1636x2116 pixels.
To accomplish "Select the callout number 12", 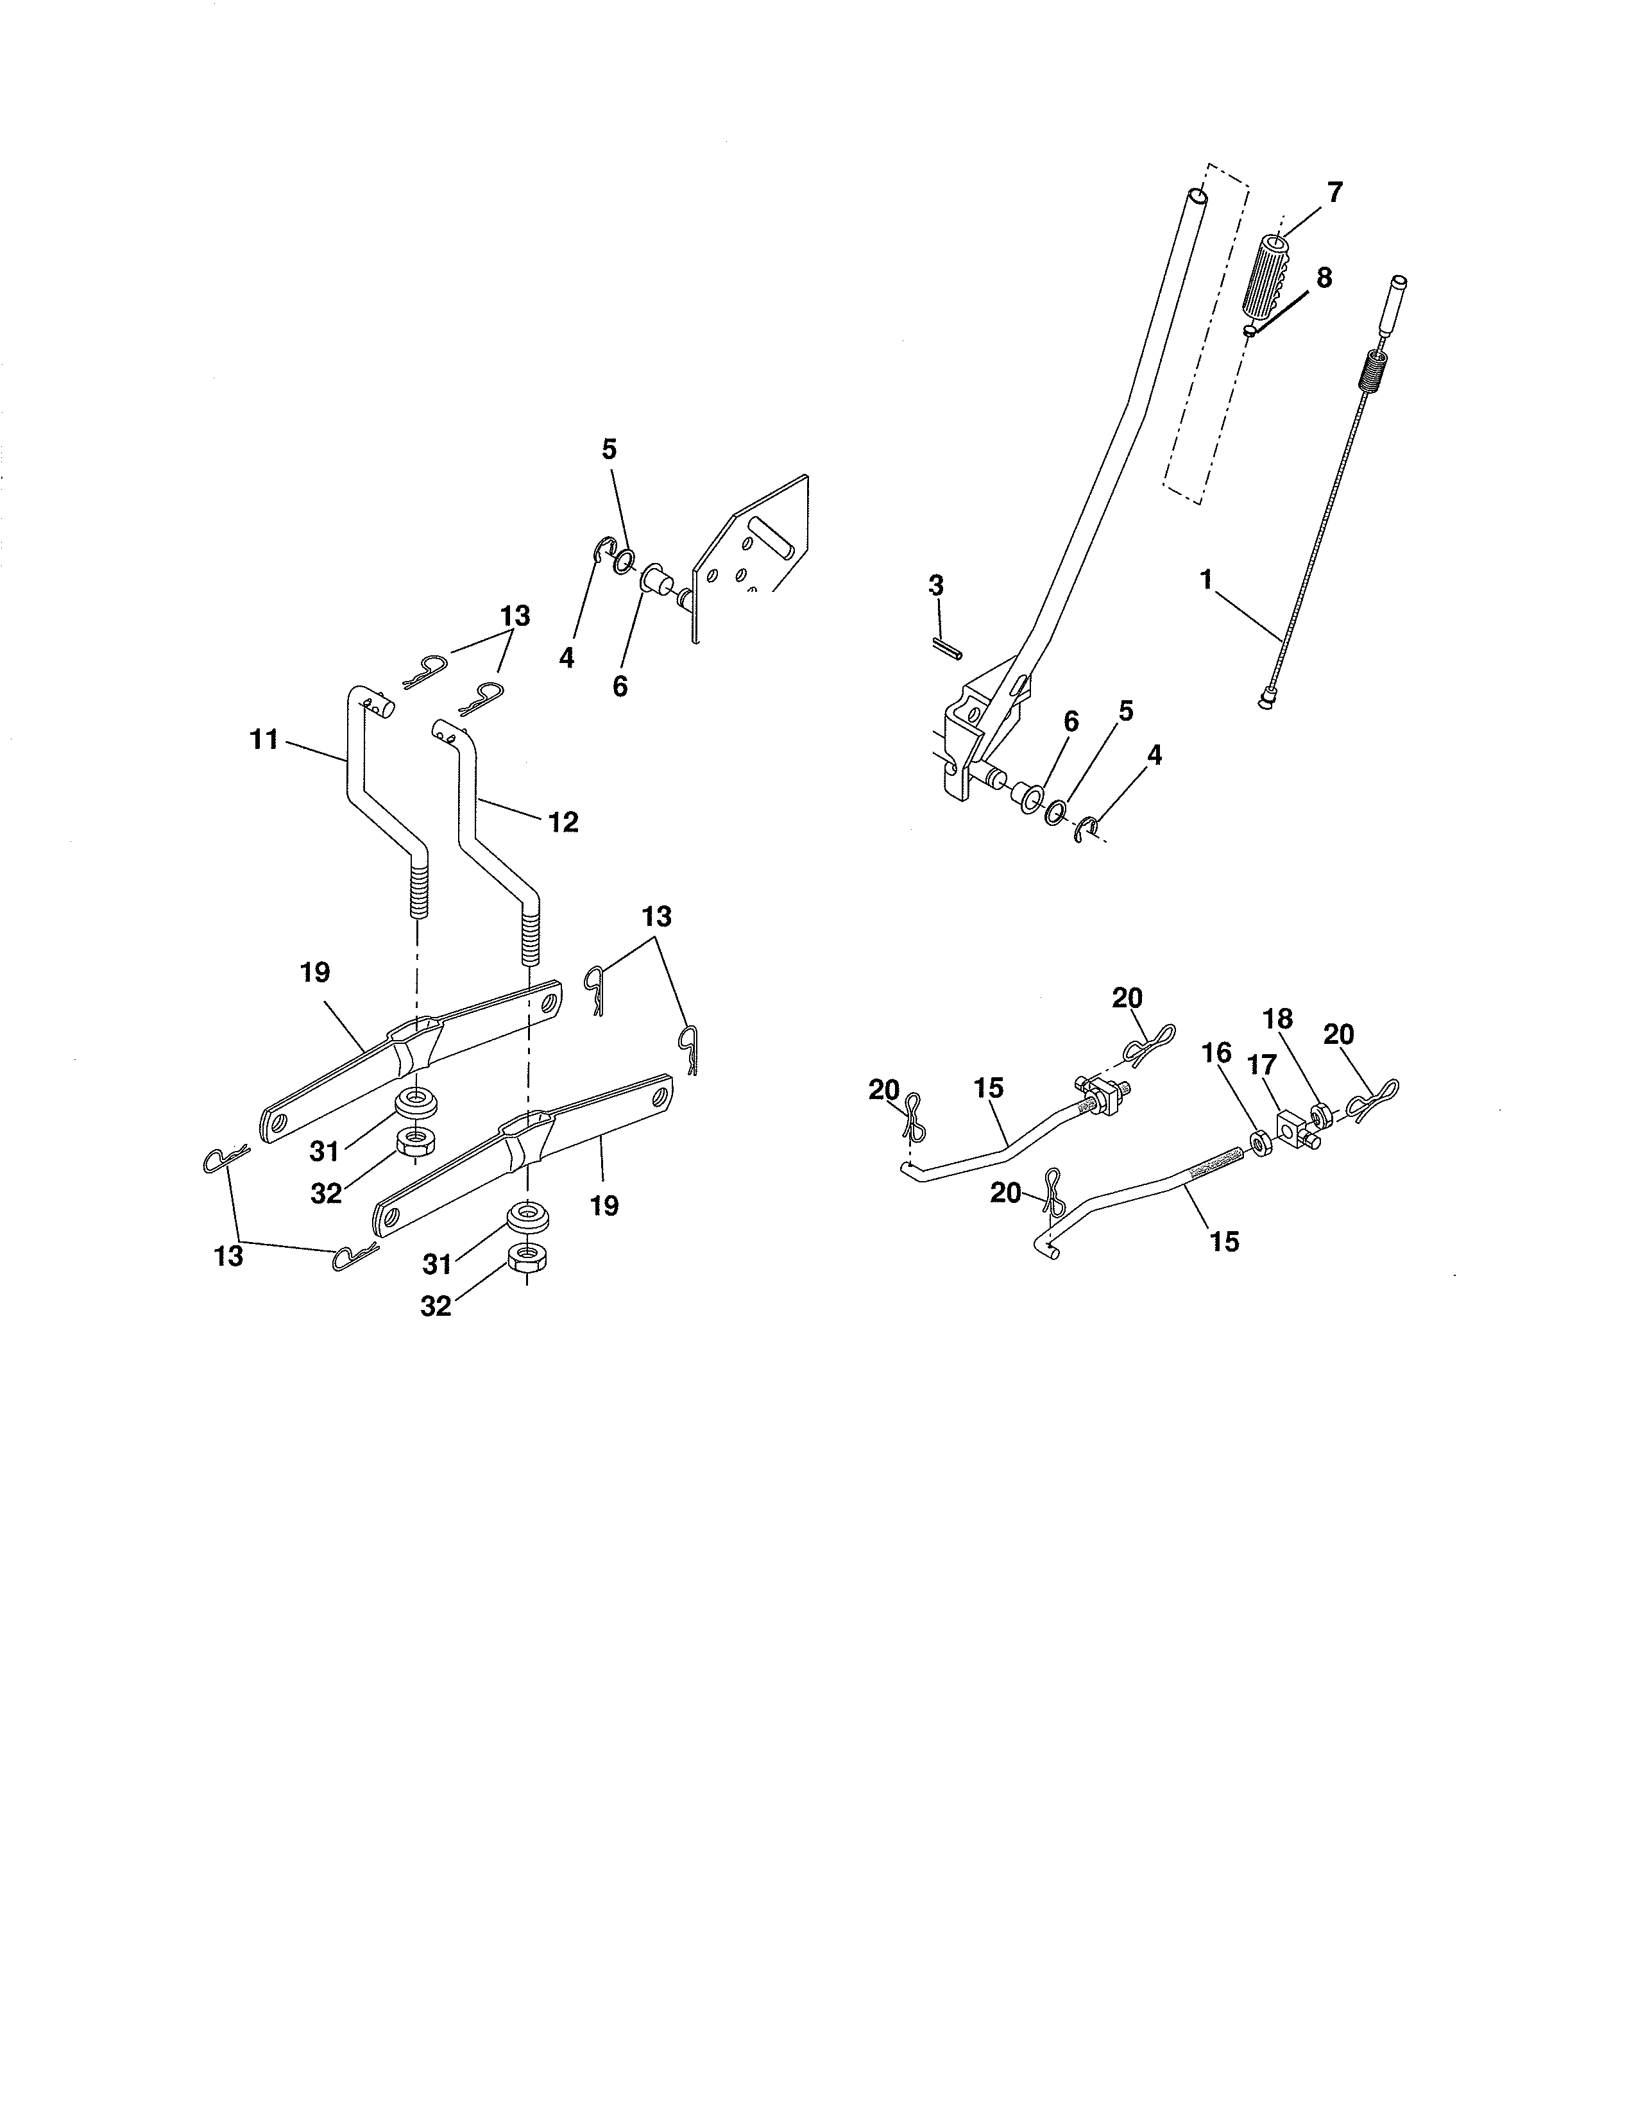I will [563, 823].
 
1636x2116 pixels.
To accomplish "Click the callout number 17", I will [1263, 1066].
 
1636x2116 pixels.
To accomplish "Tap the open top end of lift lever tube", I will [1199, 197].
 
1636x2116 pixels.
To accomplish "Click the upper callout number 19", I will [315, 973].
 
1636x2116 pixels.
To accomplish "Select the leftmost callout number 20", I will [884, 1091].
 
